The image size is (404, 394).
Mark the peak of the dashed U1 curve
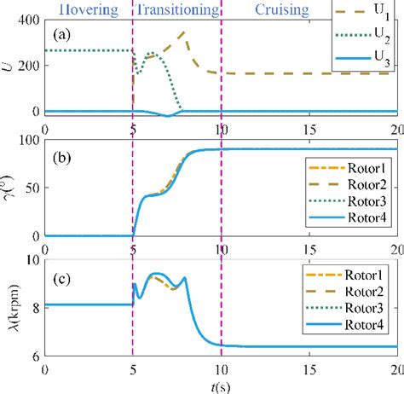[x=187, y=32]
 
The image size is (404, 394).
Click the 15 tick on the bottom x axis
[x=309, y=365]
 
